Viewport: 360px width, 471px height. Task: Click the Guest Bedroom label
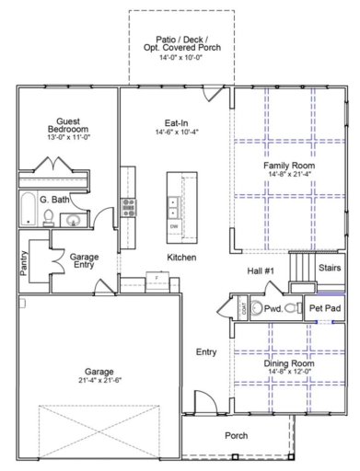[65, 127]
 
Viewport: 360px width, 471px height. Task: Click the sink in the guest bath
[71, 219]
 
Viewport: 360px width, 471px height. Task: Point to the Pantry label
[25, 265]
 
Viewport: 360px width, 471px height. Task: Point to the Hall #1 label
[262, 270]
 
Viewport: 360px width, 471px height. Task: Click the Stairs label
[329, 268]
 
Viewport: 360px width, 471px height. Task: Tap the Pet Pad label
[324, 308]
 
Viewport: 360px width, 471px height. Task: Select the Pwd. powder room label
[273, 309]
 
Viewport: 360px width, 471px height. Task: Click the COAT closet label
[243, 309]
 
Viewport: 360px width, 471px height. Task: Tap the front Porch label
[237, 435]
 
